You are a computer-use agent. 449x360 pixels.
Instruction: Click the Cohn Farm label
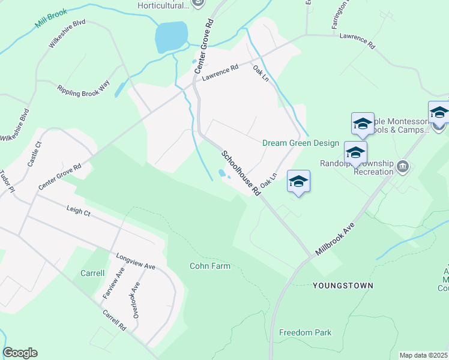[x=209, y=265]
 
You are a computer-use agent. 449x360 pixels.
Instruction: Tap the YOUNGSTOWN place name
[x=343, y=286]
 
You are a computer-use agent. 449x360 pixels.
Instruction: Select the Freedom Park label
[x=305, y=332]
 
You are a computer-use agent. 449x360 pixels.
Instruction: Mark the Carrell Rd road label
[x=114, y=320]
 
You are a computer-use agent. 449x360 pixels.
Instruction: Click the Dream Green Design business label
[x=301, y=143]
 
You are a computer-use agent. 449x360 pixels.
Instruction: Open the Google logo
[x=20, y=353]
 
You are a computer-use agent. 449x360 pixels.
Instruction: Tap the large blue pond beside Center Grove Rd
[x=171, y=37]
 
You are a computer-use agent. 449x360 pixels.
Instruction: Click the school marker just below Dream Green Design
[x=298, y=181]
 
